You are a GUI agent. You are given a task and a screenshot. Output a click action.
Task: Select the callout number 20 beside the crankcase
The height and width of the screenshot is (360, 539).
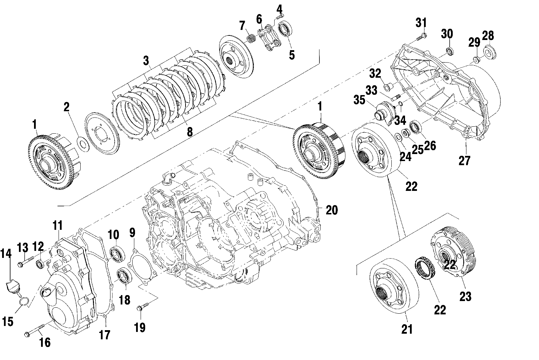331,210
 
